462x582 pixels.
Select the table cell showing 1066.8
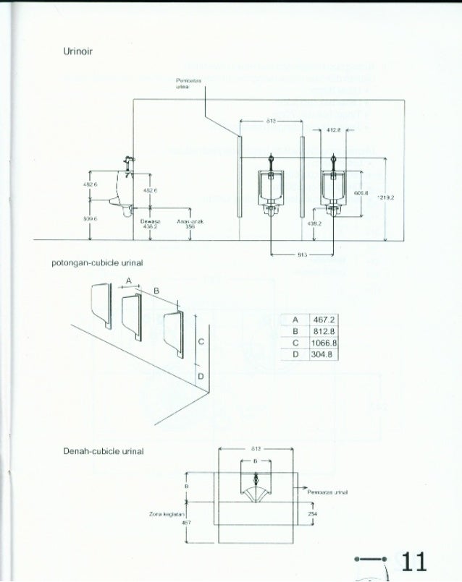point(318,343)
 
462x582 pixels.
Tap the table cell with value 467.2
point(318,320)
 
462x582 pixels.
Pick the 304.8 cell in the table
point(318,355)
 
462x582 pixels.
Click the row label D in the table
point(295,355)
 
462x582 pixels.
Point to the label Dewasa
point(151,221)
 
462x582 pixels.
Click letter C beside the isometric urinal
point(200,341)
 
